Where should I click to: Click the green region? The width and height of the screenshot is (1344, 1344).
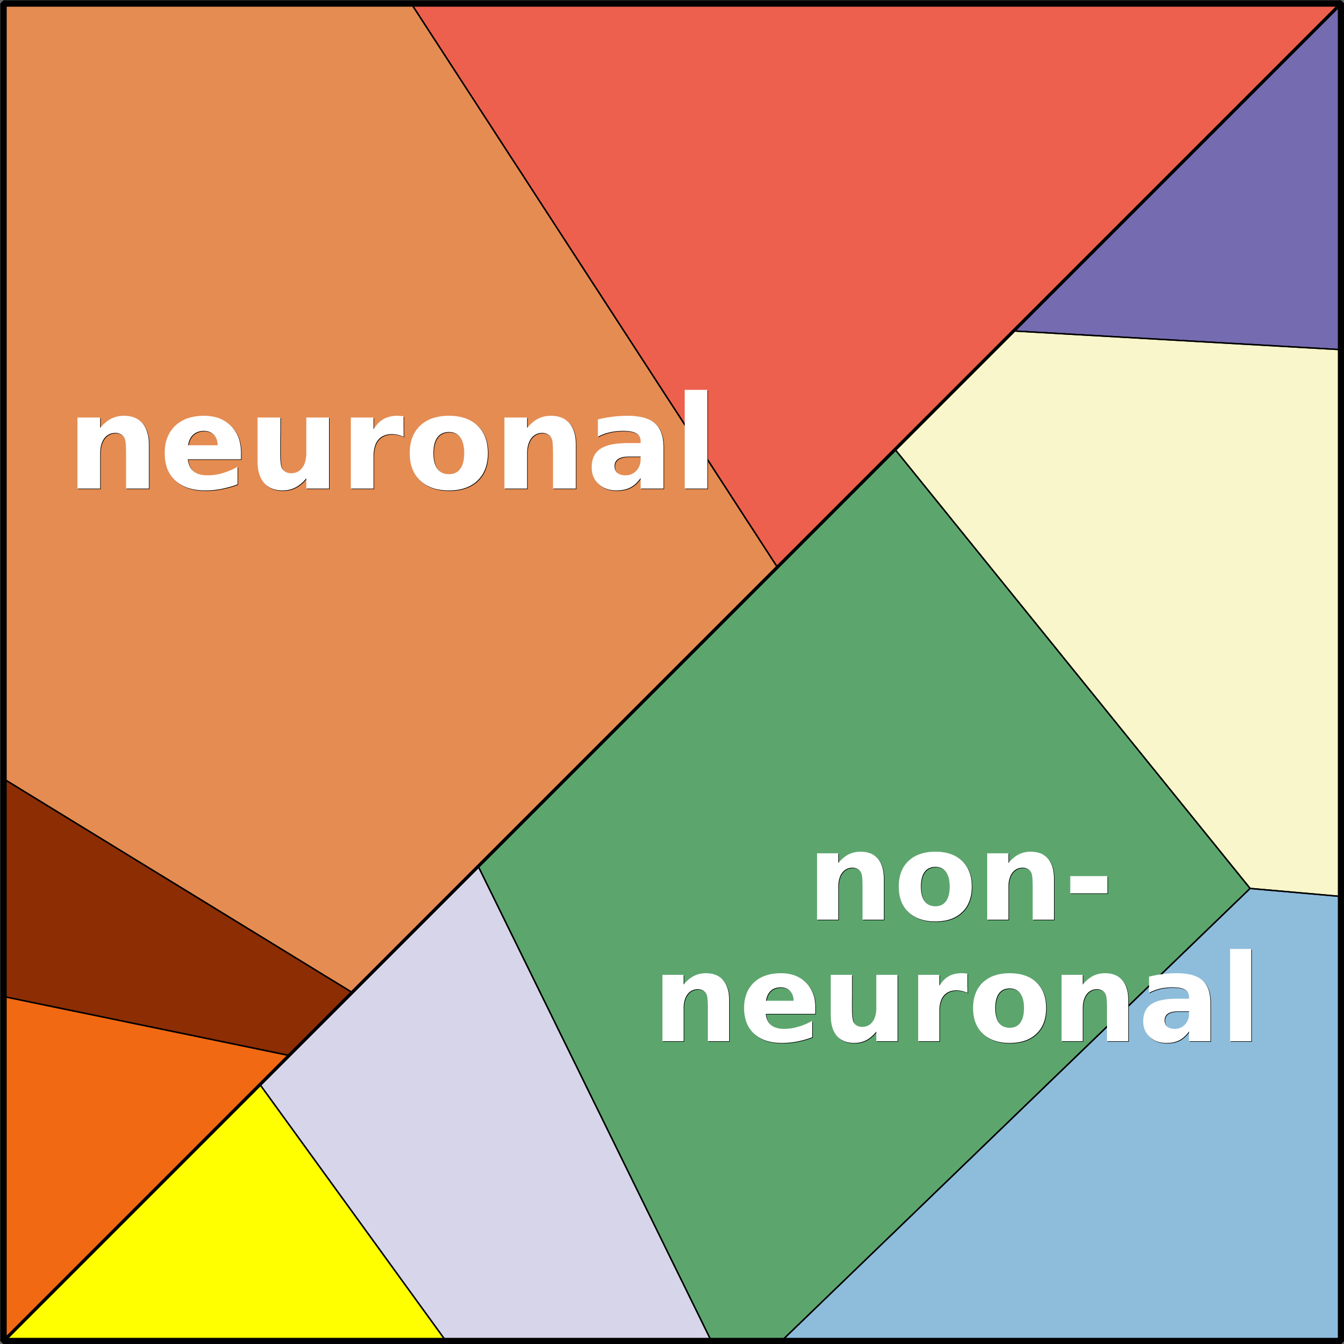[x=835, y=765]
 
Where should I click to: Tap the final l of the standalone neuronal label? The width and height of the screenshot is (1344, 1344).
[x=696, y=440]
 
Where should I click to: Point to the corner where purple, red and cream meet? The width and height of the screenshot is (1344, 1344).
[x=1015, y=331]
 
